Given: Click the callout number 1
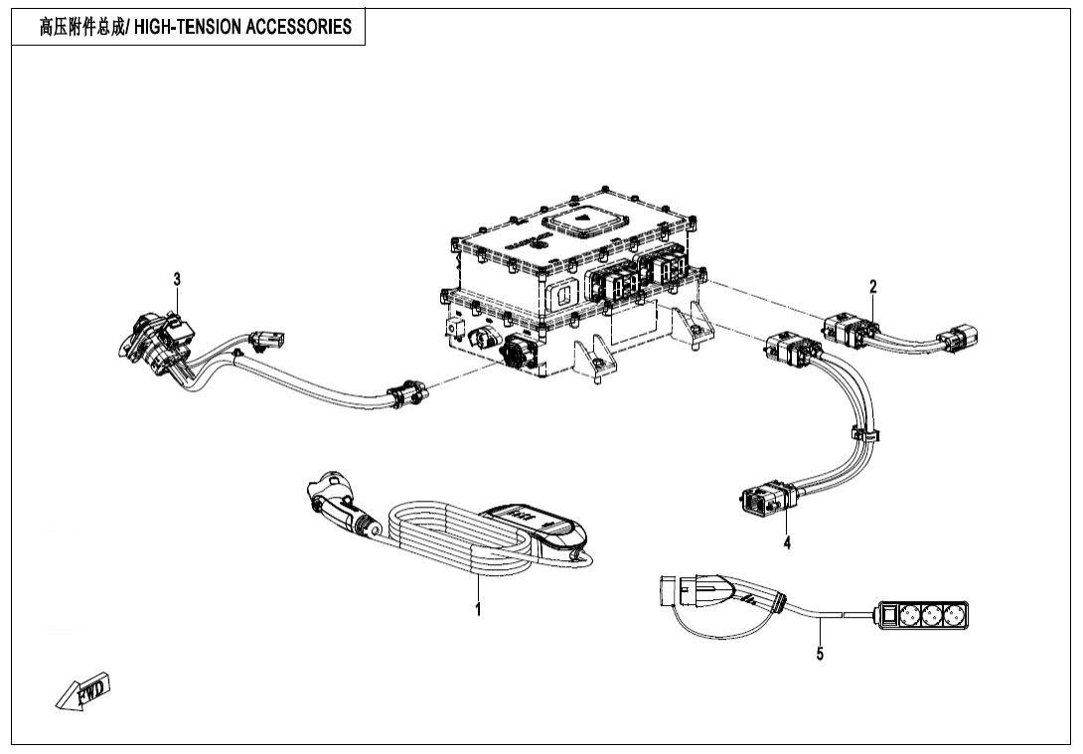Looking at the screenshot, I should (478, 609).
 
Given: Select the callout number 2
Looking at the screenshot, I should (873, 287).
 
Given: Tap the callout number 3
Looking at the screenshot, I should (177, 280).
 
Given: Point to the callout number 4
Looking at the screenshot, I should (787, 543).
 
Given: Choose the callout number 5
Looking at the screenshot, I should (820, 654).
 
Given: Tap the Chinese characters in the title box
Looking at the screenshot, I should (83, 27).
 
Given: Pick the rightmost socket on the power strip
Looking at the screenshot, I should (955, 616).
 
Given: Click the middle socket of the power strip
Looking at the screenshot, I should (932, 616).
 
